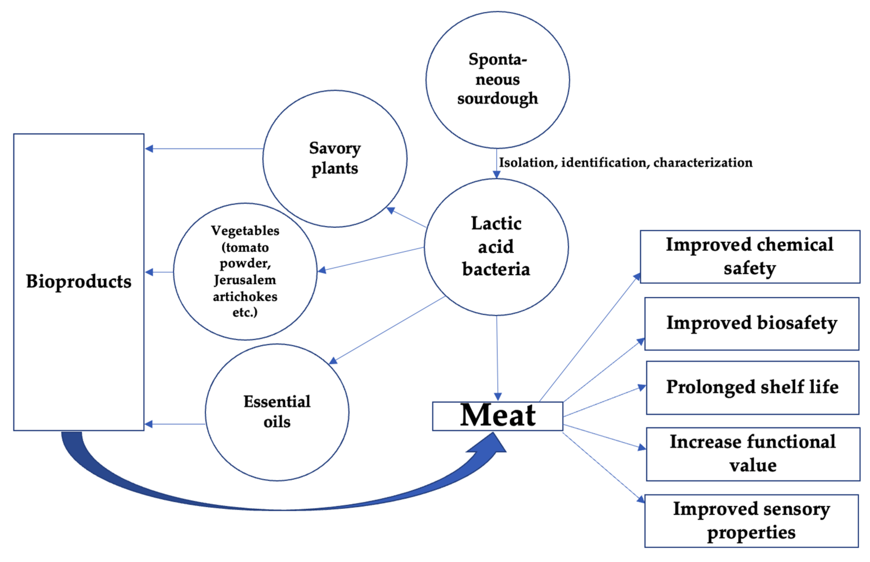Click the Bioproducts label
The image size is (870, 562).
[78, 281]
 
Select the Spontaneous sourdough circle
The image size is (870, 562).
[497, 79]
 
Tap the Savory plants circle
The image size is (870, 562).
[335, 158]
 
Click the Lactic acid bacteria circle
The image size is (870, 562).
[496, 246]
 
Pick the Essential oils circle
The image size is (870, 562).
[277, 412]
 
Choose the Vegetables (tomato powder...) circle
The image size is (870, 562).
[245, 271]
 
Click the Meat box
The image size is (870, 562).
[497, 416]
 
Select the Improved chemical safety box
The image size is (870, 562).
[750, 256]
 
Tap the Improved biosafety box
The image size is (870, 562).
[751, 323]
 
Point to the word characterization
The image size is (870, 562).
[702, 163]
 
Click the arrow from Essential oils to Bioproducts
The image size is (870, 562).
[175, 424]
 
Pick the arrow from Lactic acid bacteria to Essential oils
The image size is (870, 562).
[387, 330]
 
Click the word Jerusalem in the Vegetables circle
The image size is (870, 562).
[245, 280]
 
